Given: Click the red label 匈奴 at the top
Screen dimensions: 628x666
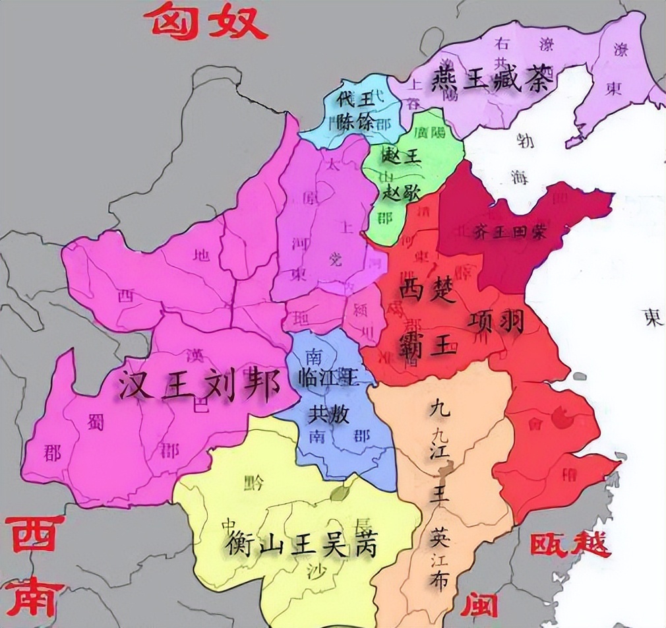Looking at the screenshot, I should (208, 22).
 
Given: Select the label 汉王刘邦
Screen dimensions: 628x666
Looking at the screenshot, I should (195, 384).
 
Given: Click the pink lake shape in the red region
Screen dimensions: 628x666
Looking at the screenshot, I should (561, 418).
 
